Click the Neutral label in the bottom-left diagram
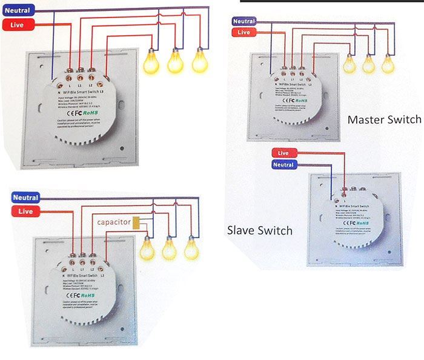click(25, 198)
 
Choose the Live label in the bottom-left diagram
click(25, 211)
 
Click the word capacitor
click(112, 223)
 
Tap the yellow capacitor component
click(139, 223)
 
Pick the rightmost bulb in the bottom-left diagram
click(191, 247)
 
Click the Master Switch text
click(384, 119)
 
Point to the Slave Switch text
click(260, 230)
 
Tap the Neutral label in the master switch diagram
click(243, 21)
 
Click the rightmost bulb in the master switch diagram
click(388, 64)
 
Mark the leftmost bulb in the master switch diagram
click(349, 64)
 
